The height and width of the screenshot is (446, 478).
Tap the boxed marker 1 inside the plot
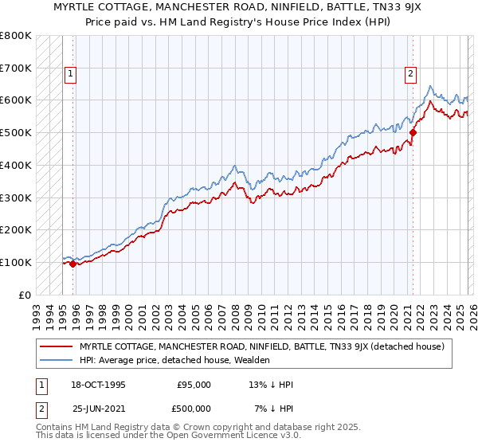tap(70, 74)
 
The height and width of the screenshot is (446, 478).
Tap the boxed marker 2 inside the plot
tap(411, 74)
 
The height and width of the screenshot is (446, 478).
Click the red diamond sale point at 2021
tap(413, 133)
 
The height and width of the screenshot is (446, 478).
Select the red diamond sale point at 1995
tap(72, 264)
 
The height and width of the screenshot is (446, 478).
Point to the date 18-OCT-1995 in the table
tap(99, 385)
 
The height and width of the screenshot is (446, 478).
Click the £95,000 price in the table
tap(194, 385)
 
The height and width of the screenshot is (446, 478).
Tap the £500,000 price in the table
tap(194, 408)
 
